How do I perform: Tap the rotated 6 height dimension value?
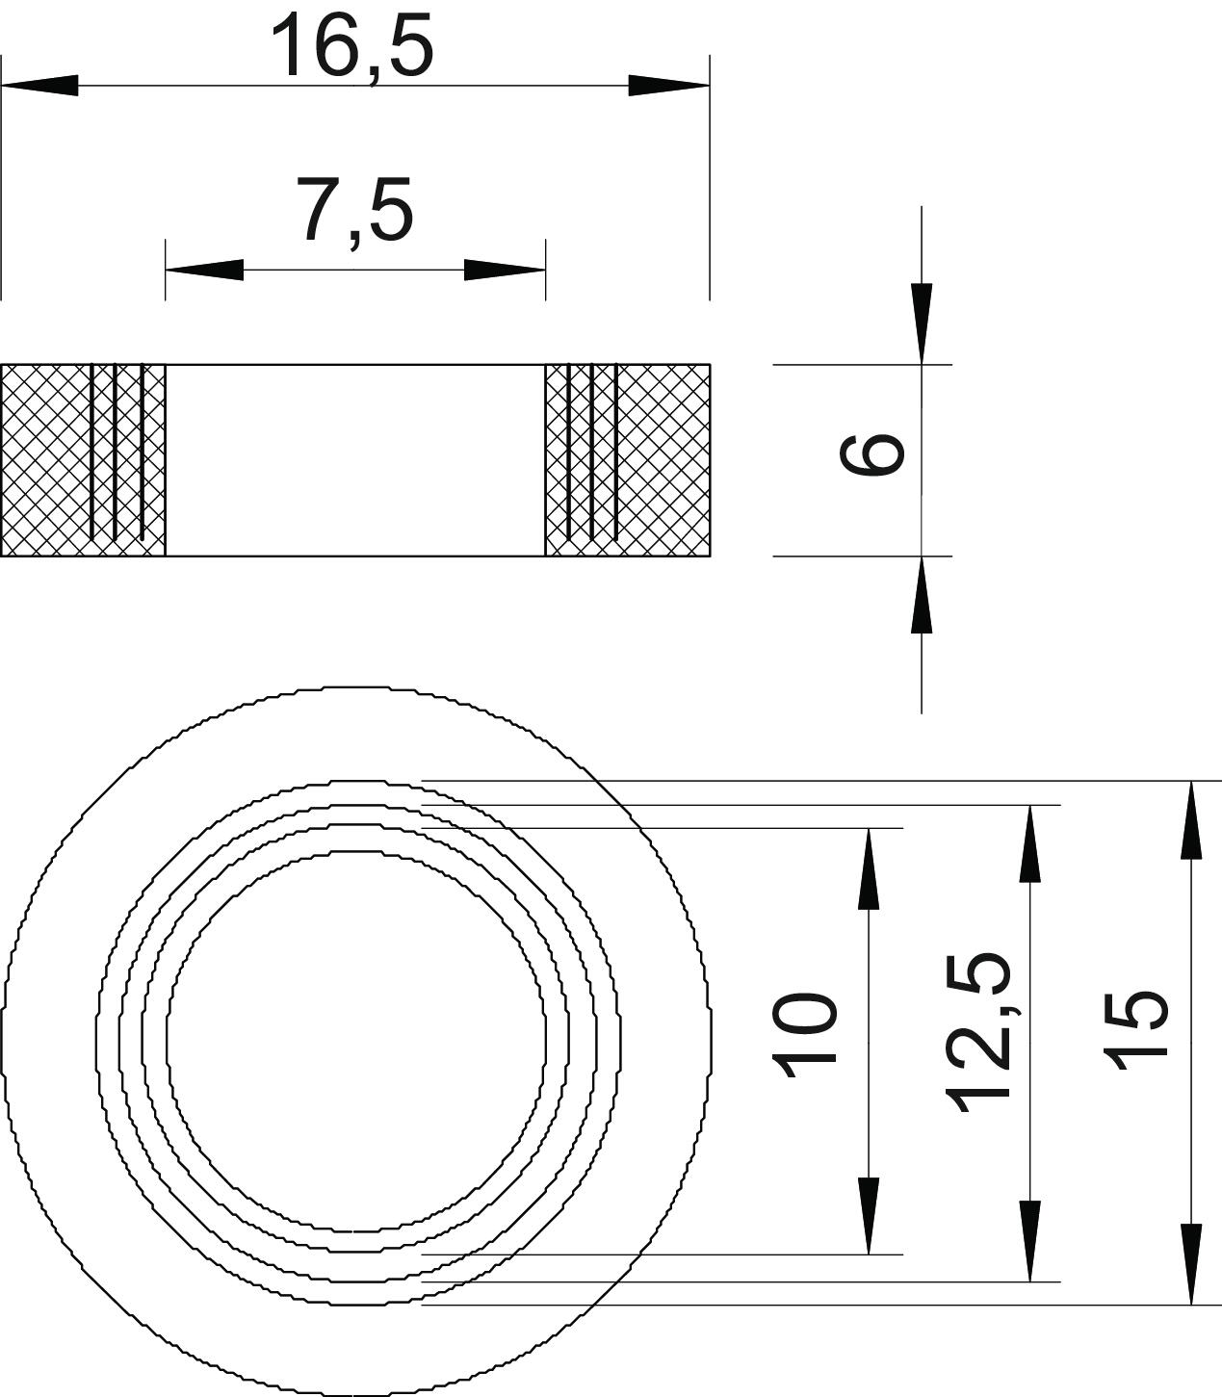coord(871,453)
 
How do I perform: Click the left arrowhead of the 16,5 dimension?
coord(39,86)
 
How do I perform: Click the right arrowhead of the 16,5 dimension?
coord(669,86)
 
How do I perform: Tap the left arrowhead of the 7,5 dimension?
coord(204,270)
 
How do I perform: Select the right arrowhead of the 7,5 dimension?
coord(505,270)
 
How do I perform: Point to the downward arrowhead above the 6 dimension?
coord(922,323)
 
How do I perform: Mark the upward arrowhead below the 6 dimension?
coord(922,595)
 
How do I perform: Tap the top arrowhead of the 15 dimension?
coord(1191,819)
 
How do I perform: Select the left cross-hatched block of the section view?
coord(83,460)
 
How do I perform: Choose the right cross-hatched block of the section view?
coord(628,460)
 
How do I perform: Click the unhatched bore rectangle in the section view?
coord(355,460)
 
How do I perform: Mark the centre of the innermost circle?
coord(356,1042)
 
